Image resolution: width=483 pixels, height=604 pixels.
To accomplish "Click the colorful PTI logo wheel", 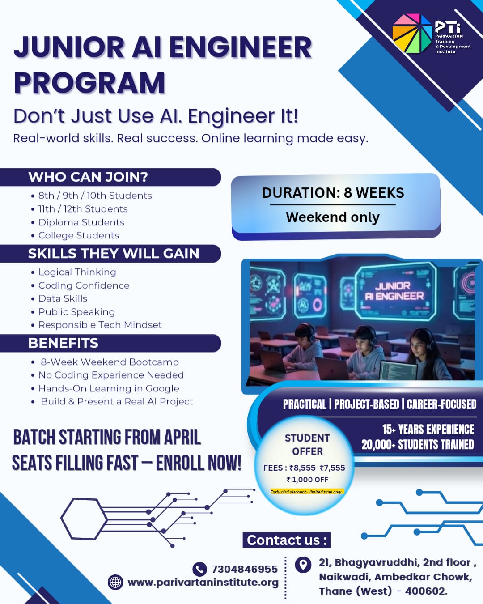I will pyautogui.click(x=412, y=34).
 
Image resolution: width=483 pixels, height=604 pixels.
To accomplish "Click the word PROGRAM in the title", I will pyautogui.click(x=89, y=83).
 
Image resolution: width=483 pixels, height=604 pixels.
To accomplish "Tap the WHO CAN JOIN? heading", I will pyautogui.click(x=88, y=177).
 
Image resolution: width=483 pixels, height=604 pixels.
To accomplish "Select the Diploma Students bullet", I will pyautogui.click(x=81, y=222).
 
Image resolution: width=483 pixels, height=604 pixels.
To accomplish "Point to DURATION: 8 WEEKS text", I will pyautogui.click(x=333, y=193).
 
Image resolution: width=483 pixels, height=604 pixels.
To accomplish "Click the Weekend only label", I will pyautogui.click(x=333, y=217).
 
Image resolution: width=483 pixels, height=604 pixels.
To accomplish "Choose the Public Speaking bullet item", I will pyautogui.click(x=76, y=312).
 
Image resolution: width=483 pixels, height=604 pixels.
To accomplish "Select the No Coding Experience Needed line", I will pyautogui.click(x=111, y=375).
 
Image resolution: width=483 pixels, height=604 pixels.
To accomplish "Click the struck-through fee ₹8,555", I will pyautogui.click(x=303, y=468).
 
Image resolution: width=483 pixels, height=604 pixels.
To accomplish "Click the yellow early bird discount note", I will pyautogui.click(x=306, y=492).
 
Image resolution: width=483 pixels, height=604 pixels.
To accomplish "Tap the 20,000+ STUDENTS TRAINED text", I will pyautogui.click(x=417, y=444).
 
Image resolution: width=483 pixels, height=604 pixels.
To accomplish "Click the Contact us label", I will pyautogui.click(x=286, y=540).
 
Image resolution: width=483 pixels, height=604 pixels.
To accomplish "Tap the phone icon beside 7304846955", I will pyautogui.click(x=199, y=569).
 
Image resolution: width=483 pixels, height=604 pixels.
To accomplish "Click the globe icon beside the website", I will pyautogui.click(x=115, y=582).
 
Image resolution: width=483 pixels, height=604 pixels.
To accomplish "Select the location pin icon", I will pyautogui.click(x=303, y=565).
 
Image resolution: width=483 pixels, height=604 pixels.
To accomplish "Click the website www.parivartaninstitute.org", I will pyautogui.click(x=203, y=582).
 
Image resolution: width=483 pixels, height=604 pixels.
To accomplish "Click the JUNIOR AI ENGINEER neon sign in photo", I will pyautogui.click(x=394, y=291).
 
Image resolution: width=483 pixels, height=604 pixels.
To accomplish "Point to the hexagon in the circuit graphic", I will pyautogui.click(x=84, y=519).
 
